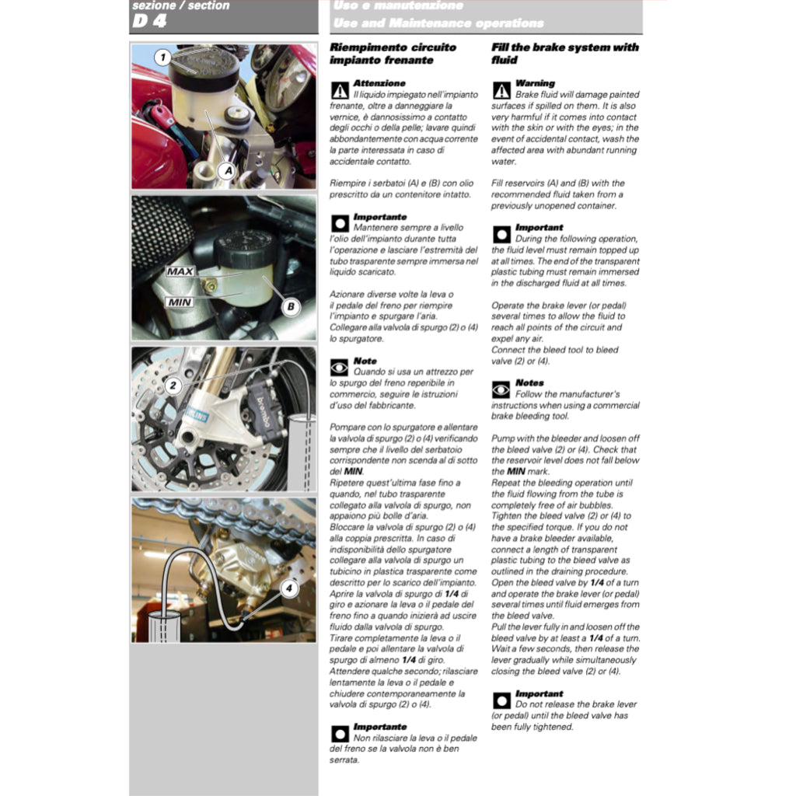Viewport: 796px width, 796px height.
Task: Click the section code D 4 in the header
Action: pyautogui.click(x=149, y=22)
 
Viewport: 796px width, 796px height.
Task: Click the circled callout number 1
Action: pyautogui.click(x=162, y=57)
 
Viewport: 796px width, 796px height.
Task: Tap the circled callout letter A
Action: pyautogui.click(x=226, y=169)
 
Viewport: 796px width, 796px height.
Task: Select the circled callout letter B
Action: pyautogui.click(x=290, y=307)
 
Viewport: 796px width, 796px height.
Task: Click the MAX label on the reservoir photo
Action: pyautogui.click(x=180, y=273)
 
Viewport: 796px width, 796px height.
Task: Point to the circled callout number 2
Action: pyautogui.click(x=173, y=385)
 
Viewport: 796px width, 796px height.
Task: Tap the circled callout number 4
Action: pyautogui.click(x=289, y=588)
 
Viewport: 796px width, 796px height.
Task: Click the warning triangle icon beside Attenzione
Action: pyautogui.click(x=340, y=89)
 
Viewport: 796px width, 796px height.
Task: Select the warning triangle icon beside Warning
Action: pyautogui.click(x=501, y=90)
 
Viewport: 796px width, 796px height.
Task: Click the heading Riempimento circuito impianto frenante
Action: pyautogui.click(x=393, y=54)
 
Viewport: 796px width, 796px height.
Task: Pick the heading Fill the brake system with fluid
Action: pyautogui.click(x=564, y=54)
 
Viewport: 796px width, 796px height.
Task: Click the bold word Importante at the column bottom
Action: pyautogui.click(x=380, y=727)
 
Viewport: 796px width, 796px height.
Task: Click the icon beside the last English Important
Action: pyautogui.click(x=501, y=700)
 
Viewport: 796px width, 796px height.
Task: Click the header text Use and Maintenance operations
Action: pyautogui.click(x=438, y=23)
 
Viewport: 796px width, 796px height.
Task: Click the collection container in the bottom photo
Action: pyautogui.click(x=165, y=627)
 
